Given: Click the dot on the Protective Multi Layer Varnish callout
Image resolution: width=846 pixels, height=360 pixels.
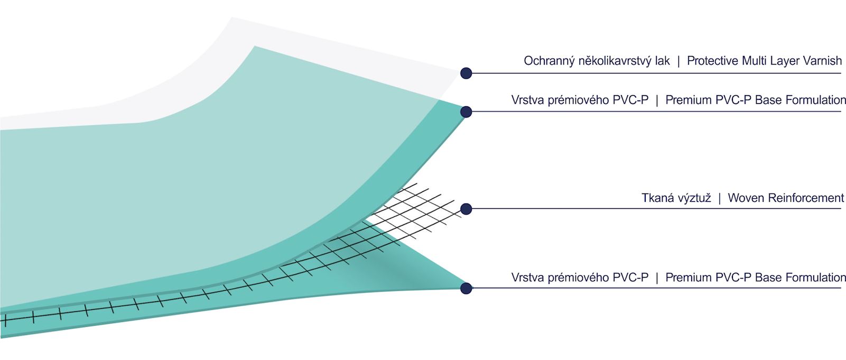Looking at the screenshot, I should coord(466,73).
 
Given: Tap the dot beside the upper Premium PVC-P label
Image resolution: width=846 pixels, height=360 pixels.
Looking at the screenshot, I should coord(466,112).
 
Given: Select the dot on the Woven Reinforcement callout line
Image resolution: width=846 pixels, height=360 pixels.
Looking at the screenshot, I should coord(466,209).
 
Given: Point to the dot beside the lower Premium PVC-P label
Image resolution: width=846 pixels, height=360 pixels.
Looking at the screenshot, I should coord(466,288).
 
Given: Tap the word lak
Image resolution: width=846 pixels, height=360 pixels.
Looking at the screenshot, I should coord(662,61).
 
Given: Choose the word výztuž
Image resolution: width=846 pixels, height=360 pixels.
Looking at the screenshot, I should coord(693,198).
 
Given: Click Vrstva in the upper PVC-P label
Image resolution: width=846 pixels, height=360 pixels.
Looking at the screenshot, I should coord(526,100).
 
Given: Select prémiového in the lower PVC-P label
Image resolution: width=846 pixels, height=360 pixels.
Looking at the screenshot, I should coord(573,278).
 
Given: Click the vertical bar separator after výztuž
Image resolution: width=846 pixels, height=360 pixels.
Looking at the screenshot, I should coord(719,198).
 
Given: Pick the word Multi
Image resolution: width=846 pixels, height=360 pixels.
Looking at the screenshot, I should coord(755,61).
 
